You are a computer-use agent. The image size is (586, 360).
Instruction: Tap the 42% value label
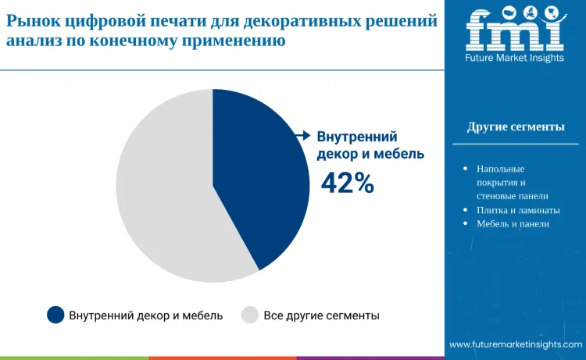tap(348, 183)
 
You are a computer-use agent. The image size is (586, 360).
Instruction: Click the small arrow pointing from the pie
tap(303, 136)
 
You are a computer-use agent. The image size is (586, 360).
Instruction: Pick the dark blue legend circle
tap(55, 315)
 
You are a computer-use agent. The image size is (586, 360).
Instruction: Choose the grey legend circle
tap(250, 315)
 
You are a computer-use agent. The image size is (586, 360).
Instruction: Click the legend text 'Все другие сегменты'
tap(321, 315)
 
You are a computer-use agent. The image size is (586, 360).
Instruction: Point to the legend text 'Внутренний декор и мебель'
tap(146, 315)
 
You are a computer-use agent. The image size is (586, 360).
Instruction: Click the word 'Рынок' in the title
tap(34, 21)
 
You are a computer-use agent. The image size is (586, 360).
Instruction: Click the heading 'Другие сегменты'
tap(516, 127)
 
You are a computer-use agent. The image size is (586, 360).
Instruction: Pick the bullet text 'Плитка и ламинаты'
tap(518, 210)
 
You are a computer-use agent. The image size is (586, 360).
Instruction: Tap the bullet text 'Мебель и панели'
tap(513, 224)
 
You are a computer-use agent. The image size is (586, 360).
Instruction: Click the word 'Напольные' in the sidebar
tap(501, 169)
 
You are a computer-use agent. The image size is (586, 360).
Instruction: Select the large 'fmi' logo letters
tap(515, 28)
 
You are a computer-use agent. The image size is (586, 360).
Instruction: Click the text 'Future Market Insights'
tap(515, 58)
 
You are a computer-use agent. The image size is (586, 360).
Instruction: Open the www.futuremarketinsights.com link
tap(516, 344)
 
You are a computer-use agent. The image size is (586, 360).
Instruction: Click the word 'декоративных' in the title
tap(304, 22)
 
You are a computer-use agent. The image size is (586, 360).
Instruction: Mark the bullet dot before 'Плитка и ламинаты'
tap(466, 210)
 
